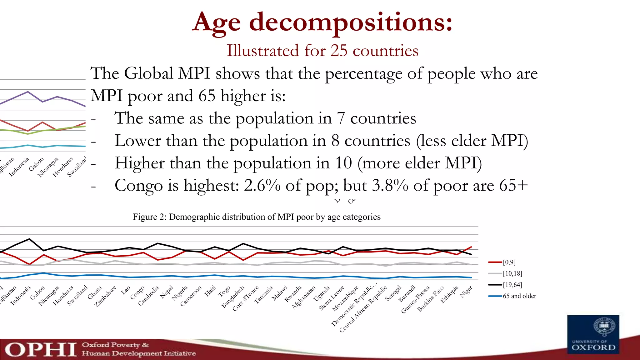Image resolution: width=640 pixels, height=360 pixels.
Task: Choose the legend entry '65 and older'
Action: click(519, 296)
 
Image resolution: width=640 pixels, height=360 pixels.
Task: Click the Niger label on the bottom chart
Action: click(466, 292)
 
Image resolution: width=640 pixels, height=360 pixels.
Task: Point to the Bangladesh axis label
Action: click(233, 297)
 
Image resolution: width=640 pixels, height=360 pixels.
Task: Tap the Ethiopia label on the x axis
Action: click(449, 294)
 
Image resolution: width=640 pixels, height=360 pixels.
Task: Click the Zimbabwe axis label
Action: click(106, 296)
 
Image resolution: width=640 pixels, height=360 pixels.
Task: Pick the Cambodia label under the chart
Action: click(149, 295)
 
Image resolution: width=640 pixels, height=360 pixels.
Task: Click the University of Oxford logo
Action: click(593, 334)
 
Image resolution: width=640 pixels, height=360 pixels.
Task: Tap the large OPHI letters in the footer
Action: click(41, 349)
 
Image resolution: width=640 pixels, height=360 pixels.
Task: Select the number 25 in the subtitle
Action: click(339, 50)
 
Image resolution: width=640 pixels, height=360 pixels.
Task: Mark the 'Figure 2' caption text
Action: click(256, 217)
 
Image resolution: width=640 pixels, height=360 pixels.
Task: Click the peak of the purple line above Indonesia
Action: click(28, 92)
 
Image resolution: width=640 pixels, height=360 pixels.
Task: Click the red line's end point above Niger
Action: click(471, 247)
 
